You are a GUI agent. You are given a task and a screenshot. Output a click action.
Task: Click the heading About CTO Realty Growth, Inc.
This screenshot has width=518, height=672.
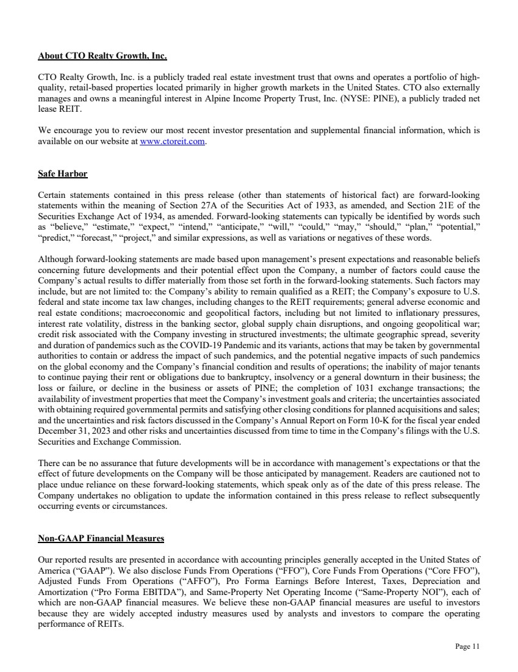tap(103, 56)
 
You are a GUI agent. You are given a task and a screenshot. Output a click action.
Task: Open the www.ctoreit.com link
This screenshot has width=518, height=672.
tap(173, 142)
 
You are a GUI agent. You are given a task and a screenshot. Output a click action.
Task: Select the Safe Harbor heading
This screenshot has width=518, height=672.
tap(63, 174)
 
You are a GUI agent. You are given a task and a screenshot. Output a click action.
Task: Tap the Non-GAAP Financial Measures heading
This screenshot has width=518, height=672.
tap(101, 538)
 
